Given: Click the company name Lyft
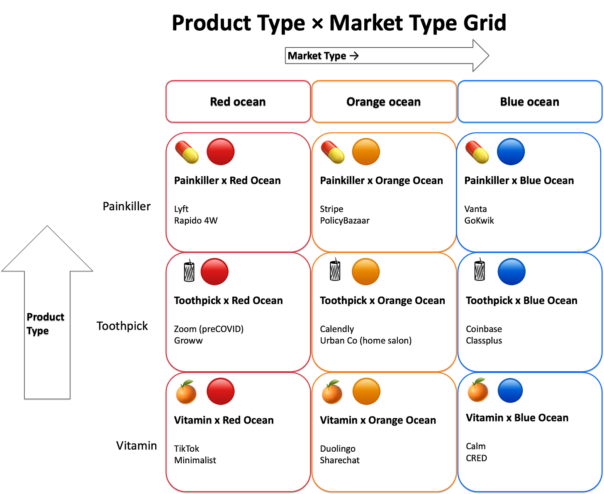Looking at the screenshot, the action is pos(181,209).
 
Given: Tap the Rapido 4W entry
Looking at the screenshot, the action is pos(196,221).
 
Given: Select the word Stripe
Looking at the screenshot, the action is pos(331,209).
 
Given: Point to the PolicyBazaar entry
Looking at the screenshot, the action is pos(344,221).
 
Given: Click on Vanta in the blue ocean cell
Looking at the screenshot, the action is pos(475,209).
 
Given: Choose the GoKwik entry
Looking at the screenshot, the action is pos(479,221).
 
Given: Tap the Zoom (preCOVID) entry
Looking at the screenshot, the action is pos(209,329).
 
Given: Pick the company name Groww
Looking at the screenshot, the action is pos(188,341).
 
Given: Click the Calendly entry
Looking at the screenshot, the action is pos(337,329).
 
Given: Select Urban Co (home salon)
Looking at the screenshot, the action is pos(365,341).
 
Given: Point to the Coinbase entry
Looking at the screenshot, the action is pos(484,329).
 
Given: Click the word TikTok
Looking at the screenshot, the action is pos(187,449).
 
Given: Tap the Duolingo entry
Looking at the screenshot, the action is pos(338,449).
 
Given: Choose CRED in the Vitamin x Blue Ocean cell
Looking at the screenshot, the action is pos(476,458).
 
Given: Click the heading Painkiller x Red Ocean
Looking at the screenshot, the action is pos(227,181).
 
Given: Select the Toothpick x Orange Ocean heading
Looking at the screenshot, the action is pos(382,301).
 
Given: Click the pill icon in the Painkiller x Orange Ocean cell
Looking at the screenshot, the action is pos(333,152).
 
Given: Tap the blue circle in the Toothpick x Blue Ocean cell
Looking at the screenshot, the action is pos(511,272).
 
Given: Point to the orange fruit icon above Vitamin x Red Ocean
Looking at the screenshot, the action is pos(186,392).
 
